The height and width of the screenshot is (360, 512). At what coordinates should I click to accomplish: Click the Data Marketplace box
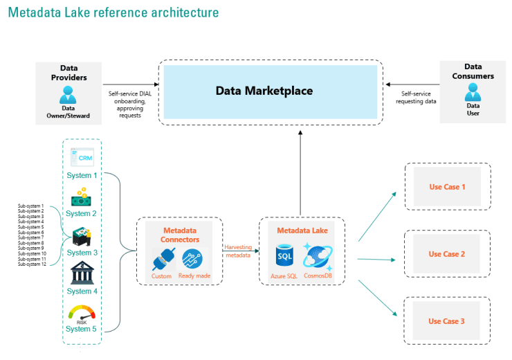pyautogui.click(x=270, y=91)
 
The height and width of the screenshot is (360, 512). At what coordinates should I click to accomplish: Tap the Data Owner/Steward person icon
pyautogui.click(x=68, y=95)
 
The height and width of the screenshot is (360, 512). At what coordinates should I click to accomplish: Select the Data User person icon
pyautogui.click(x=472, y=92)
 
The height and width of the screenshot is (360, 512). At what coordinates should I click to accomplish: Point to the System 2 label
pyautogui.click(x=82, y=214)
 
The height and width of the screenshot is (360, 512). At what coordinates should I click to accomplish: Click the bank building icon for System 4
pyautogui.click(x=82, y=273)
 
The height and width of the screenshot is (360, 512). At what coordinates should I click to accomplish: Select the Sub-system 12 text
pyautogui.click(x=32, y=264)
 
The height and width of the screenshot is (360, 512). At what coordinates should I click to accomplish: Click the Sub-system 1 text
pyautogui.click(x=31, y=206)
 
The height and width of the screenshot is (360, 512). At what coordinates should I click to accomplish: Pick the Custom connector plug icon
pyautogui.click(x=161, y=259)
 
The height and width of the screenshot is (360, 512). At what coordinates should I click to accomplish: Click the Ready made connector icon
pyautogui.click(x=194, y=259)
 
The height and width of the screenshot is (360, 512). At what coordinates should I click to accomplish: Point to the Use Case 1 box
pyautogui.click(x=446, y=187)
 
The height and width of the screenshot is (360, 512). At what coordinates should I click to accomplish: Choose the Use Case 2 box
pyautogui.click(x=446, y=254)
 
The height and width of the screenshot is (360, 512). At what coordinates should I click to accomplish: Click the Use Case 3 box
pyautogui.click(x=446, y=321)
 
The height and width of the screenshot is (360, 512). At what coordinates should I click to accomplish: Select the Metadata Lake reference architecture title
pyautogui.click(x=113, y=12)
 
